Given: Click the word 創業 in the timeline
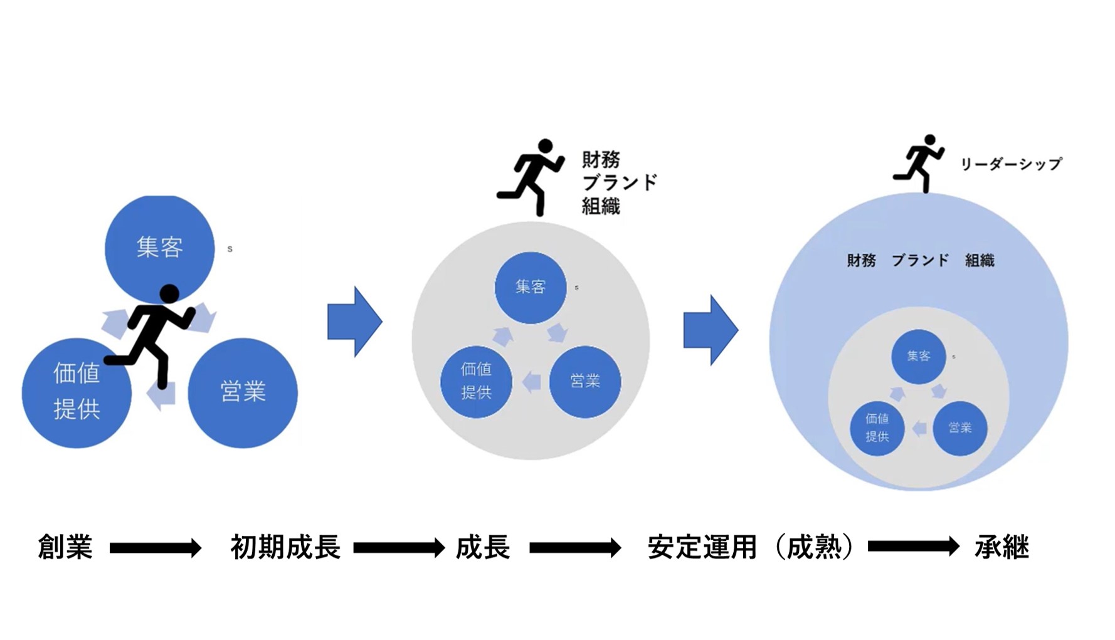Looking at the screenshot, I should click(65, 547).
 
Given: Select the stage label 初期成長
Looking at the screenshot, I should click(285, 547).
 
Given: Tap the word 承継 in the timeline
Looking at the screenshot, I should click(1001, 547).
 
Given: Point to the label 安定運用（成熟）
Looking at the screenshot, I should click(751, 547).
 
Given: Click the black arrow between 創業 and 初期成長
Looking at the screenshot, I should click(155, 548).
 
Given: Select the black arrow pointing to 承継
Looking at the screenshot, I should click(913, 547).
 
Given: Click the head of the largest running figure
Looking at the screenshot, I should click(169, 293).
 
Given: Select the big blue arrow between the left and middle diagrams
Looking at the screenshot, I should click(354, 322).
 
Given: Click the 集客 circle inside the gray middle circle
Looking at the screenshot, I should click(531, 288).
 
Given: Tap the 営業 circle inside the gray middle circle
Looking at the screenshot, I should click(584, 381).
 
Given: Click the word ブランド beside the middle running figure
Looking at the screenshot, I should click(620, 182).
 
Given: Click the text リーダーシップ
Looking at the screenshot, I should click(1011, 164).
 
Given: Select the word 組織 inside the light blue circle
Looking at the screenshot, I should click(980, 260).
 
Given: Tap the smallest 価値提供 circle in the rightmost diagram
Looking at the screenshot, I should click(877, 428).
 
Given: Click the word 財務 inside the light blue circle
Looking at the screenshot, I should click(861, 260).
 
